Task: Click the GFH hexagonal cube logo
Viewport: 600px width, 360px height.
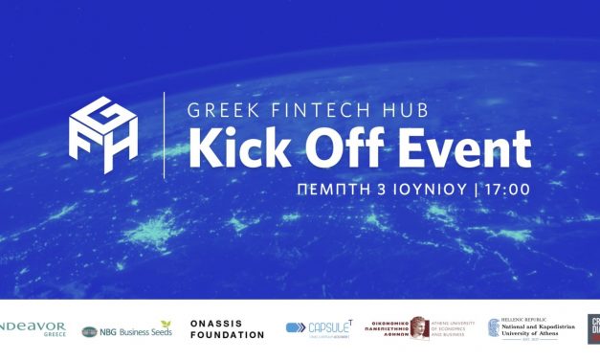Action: coord(103,134)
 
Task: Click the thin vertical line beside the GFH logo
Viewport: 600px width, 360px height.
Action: coord(164,134)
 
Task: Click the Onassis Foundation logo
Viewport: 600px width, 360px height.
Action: coord(227,329)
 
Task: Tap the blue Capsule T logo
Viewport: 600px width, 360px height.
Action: coord(317,328)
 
